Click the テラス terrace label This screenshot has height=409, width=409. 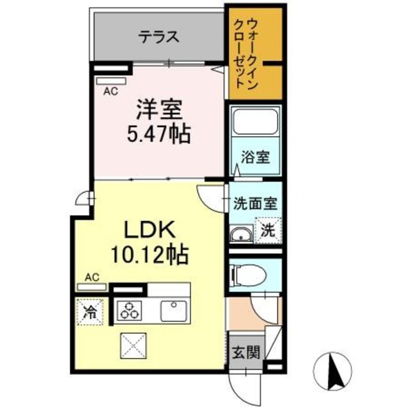tap(158, 36)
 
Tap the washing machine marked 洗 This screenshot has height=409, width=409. tap(268, 231)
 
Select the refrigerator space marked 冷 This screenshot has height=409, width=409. tap(91, 313)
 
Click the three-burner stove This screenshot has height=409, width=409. tap(130, 311)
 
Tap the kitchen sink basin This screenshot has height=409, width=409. tap(173, 311)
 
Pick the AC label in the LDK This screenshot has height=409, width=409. tap(92, 277)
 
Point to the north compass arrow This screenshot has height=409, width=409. tap(332, 369)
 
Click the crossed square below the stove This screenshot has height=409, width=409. tap(132, 347)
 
